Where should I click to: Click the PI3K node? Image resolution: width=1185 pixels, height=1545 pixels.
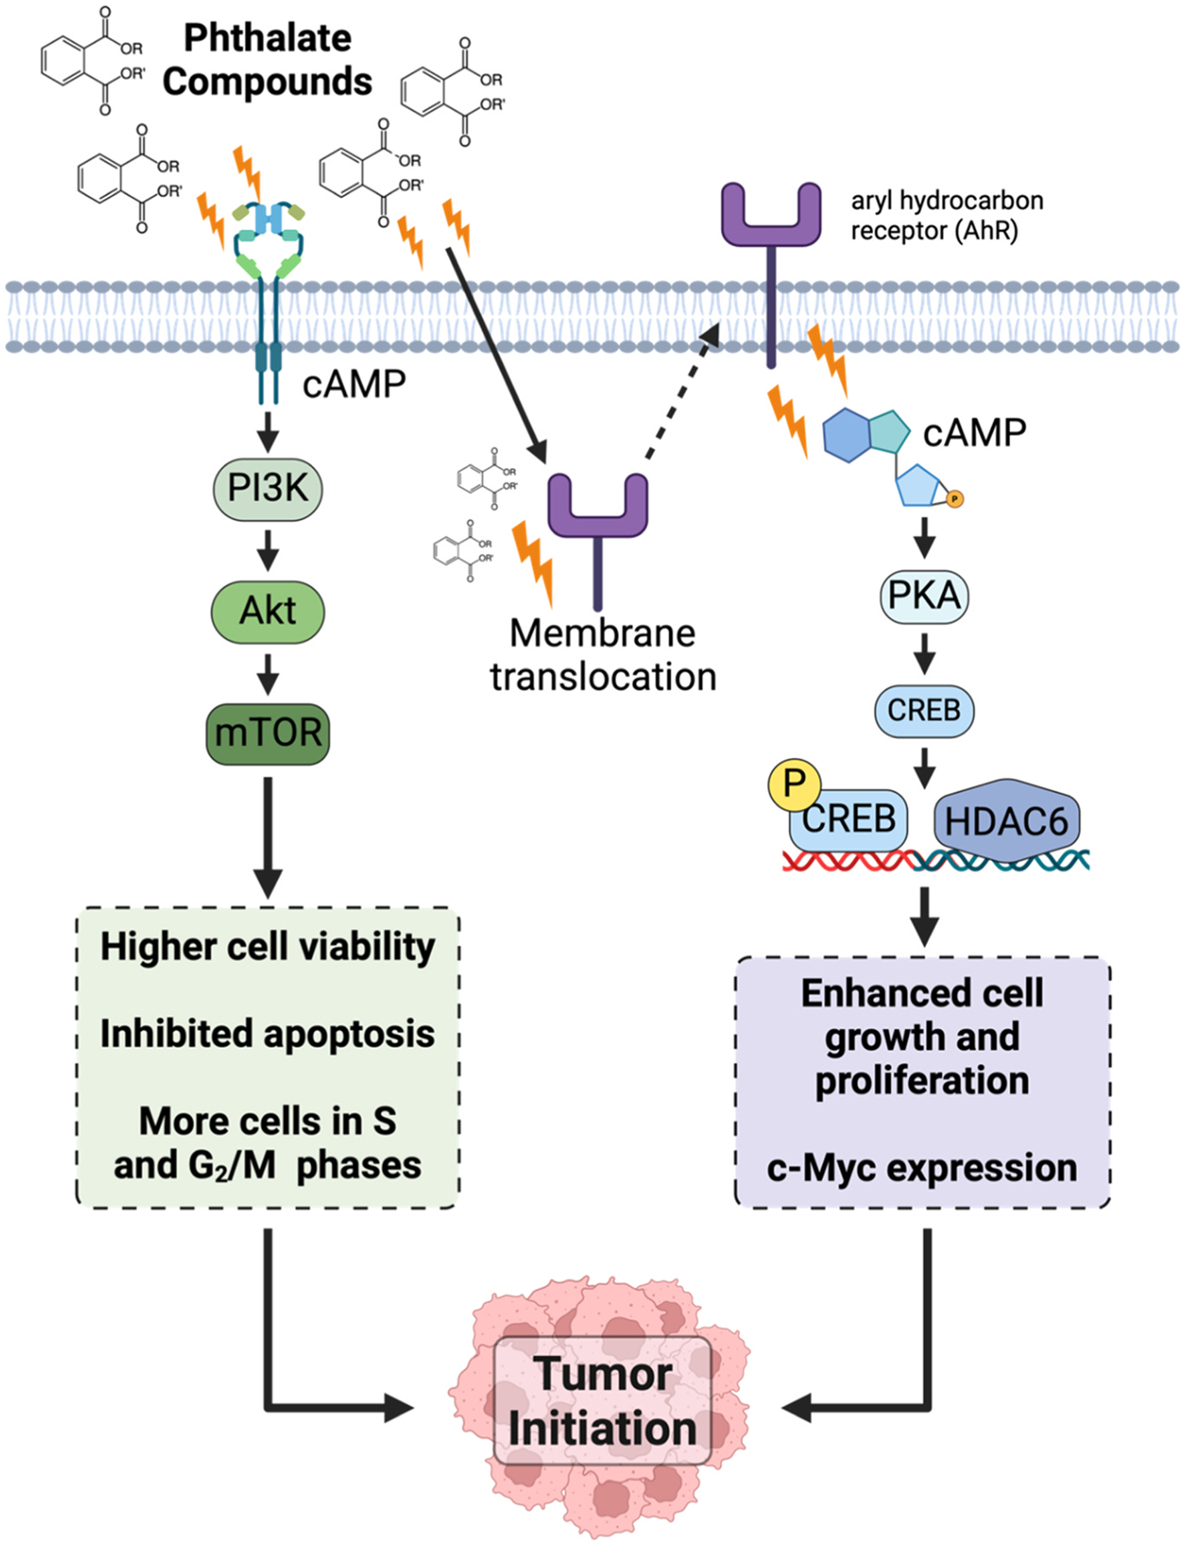coord(268,489)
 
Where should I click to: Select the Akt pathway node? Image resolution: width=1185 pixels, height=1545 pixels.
coord(268,611)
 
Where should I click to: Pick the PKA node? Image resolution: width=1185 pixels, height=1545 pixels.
coord(924,596)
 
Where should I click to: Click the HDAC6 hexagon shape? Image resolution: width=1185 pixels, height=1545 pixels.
coord(1007,821)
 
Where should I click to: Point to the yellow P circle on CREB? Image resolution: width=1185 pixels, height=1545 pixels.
coord(794,784)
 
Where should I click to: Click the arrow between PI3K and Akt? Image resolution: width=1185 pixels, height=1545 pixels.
coord(268,550)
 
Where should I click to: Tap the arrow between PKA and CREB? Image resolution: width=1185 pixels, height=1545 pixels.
coord(924,654)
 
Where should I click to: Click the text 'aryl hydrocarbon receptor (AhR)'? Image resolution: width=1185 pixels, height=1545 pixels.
coord(946,215)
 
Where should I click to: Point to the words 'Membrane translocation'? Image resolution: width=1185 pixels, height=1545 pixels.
coord(603,655)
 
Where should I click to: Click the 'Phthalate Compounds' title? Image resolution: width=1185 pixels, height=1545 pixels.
coord(268,60)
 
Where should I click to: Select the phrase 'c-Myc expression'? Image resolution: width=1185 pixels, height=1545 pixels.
coord(922,1168)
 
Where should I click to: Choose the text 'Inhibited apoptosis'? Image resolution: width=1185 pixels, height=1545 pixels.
coord(268,1034)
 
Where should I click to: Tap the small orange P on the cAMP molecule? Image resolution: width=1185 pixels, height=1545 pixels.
coord(954,499)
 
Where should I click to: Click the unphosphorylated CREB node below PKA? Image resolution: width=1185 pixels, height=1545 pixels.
coord(924,711)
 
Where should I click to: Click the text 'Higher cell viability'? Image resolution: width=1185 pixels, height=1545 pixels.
coord(268,947)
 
